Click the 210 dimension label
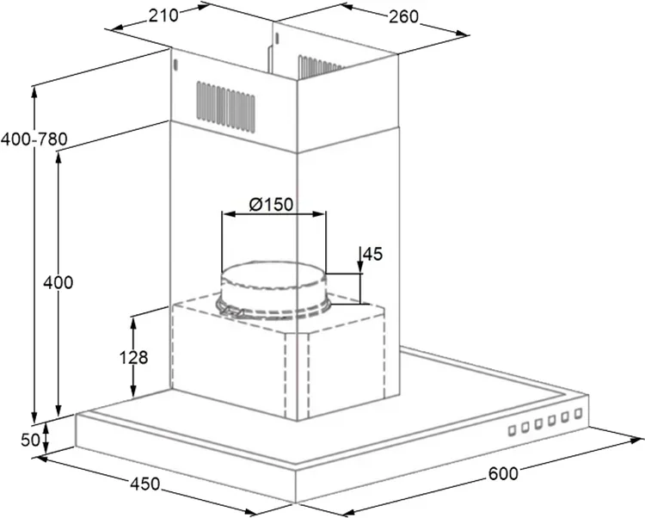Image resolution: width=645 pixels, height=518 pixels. pyautogui.click(x=163, y=15)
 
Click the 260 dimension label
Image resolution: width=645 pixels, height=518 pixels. pyautogui.click(x=403, y=16)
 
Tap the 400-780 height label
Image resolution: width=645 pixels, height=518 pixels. pyautogui.click(x=34, y=139)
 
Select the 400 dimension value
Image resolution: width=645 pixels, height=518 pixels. pyautogui.click(x=58, y=282)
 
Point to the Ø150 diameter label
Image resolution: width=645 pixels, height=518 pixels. pyautogui.click(x=271, y=204)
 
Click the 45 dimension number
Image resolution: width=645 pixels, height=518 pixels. pyautogui.click(x=373, y=255)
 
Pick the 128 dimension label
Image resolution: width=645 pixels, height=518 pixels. pyautogui.click(x=133, y=357)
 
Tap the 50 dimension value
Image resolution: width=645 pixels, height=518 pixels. pyautogui.click(x=30, y=440)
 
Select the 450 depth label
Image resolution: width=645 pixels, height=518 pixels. pyautogui.click(x=144, y=484)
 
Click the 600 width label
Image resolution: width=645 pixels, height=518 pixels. pyautogui.click(x=503, y=473)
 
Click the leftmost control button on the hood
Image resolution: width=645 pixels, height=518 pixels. pyautogui.click(x=513, y=430)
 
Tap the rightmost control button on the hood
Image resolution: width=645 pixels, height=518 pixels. pyautogui.click(x=578, y=413)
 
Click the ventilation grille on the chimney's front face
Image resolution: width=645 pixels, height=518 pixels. pyautogui.click(x=225, y=107)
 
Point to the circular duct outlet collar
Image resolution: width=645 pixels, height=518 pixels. pyautogui.click(x=273, y=290)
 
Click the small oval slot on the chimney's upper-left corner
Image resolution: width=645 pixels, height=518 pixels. pyautogui.click(x=175, y=65)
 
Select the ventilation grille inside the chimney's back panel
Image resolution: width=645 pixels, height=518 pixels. pyautogui.click(x=321, y=66)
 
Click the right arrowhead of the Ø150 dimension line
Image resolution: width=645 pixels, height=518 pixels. pyautogui.click(x=319, y=214)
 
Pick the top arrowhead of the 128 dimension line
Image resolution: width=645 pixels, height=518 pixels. pyautogui.click(x=132, y=323)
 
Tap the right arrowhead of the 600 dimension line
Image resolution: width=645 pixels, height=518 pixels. pyautogui.click(x=636, y=441)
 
